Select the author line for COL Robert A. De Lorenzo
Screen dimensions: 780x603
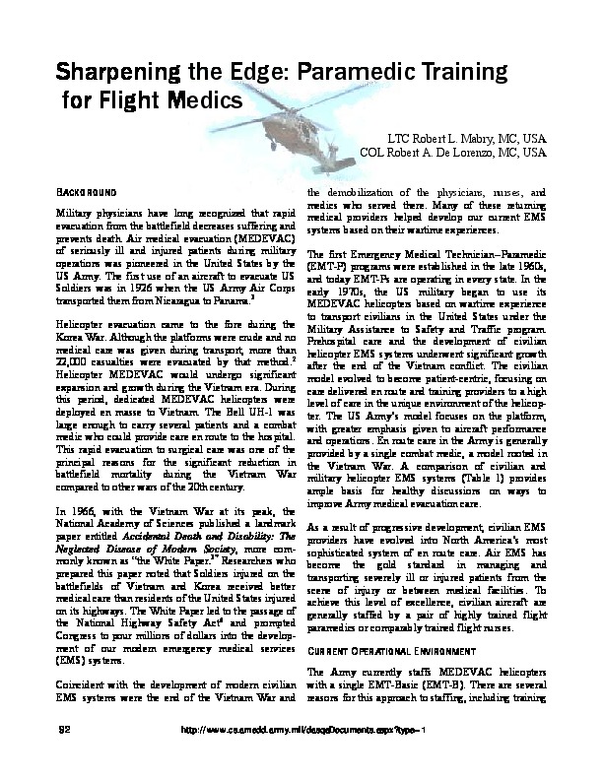click(453, 154)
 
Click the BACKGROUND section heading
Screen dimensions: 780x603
click(88, 191)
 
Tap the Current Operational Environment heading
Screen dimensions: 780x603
click(389, 652)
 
